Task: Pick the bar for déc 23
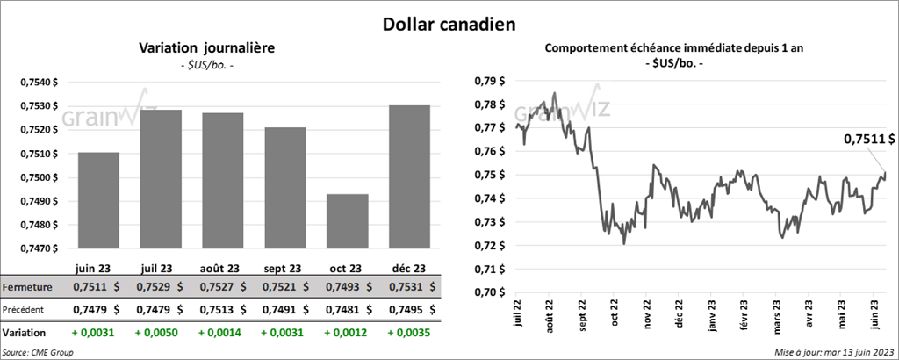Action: (x=409, y=176)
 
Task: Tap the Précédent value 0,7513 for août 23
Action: (x=215, y=309)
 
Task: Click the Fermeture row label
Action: (x=28, y=287)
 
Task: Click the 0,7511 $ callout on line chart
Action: (x=869, y=139)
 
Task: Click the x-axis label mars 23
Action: (x=776, y=314)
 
